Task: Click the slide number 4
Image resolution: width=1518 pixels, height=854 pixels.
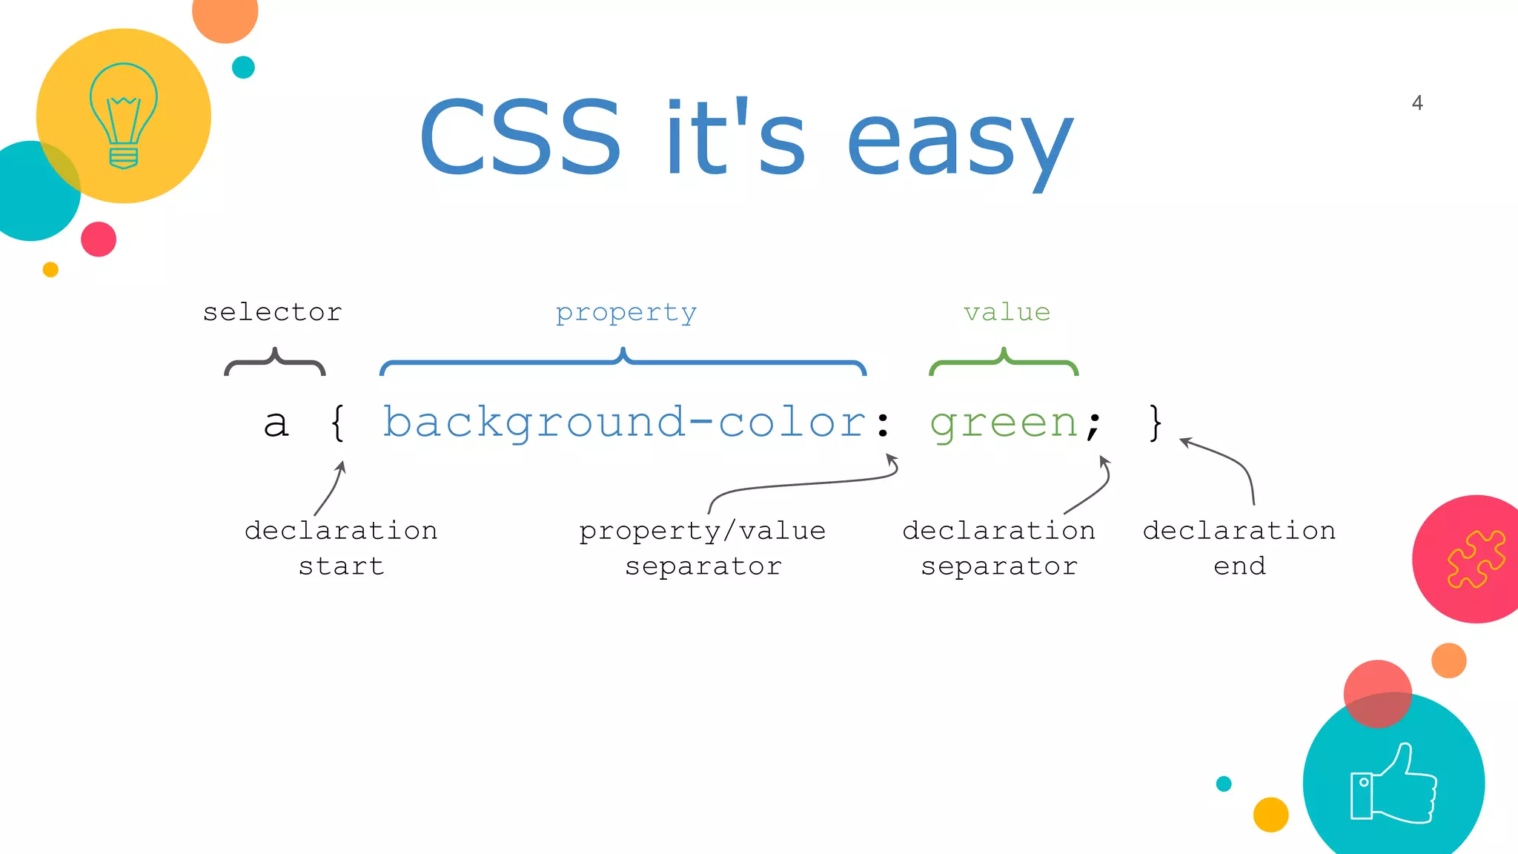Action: [1416, 103]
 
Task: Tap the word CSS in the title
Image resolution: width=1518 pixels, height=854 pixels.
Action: [520, 138]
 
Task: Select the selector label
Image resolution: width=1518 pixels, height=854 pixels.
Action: [273, 312]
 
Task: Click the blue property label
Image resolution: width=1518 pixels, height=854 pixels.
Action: [626, 313]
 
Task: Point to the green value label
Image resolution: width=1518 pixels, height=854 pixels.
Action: [1007, 312]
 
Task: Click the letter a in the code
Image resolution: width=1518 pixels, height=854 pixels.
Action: [276, 424]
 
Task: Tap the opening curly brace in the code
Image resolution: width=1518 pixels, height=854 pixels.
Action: [337, 423]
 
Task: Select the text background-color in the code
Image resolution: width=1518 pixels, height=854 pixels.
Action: [624, 423]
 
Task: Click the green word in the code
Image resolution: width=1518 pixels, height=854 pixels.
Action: [1004, 425]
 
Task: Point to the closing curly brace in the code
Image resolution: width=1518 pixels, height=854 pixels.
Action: [1155, 423]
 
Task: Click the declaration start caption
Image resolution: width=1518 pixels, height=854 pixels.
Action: [341, 549]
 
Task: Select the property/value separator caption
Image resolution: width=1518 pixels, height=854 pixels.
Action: [703, 549]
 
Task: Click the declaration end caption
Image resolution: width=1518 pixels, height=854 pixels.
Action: [1239, 549]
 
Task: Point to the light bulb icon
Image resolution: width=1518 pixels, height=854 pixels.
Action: [124, 116]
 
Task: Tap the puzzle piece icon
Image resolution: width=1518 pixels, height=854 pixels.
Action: [1476, 560]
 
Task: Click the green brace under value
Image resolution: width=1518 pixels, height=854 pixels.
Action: [1004, 363]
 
